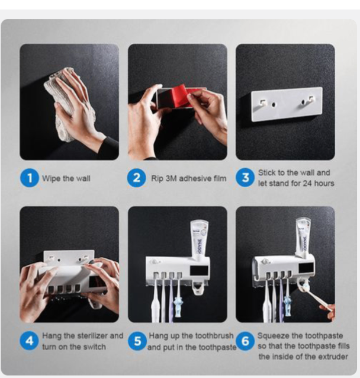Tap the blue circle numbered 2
tap(137, 178)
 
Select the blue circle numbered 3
tap(245, 178)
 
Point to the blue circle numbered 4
tap(29, 341)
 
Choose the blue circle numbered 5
tap(137, 341)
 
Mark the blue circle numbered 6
tap(246, 341)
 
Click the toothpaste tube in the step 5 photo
tap(199, 238)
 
